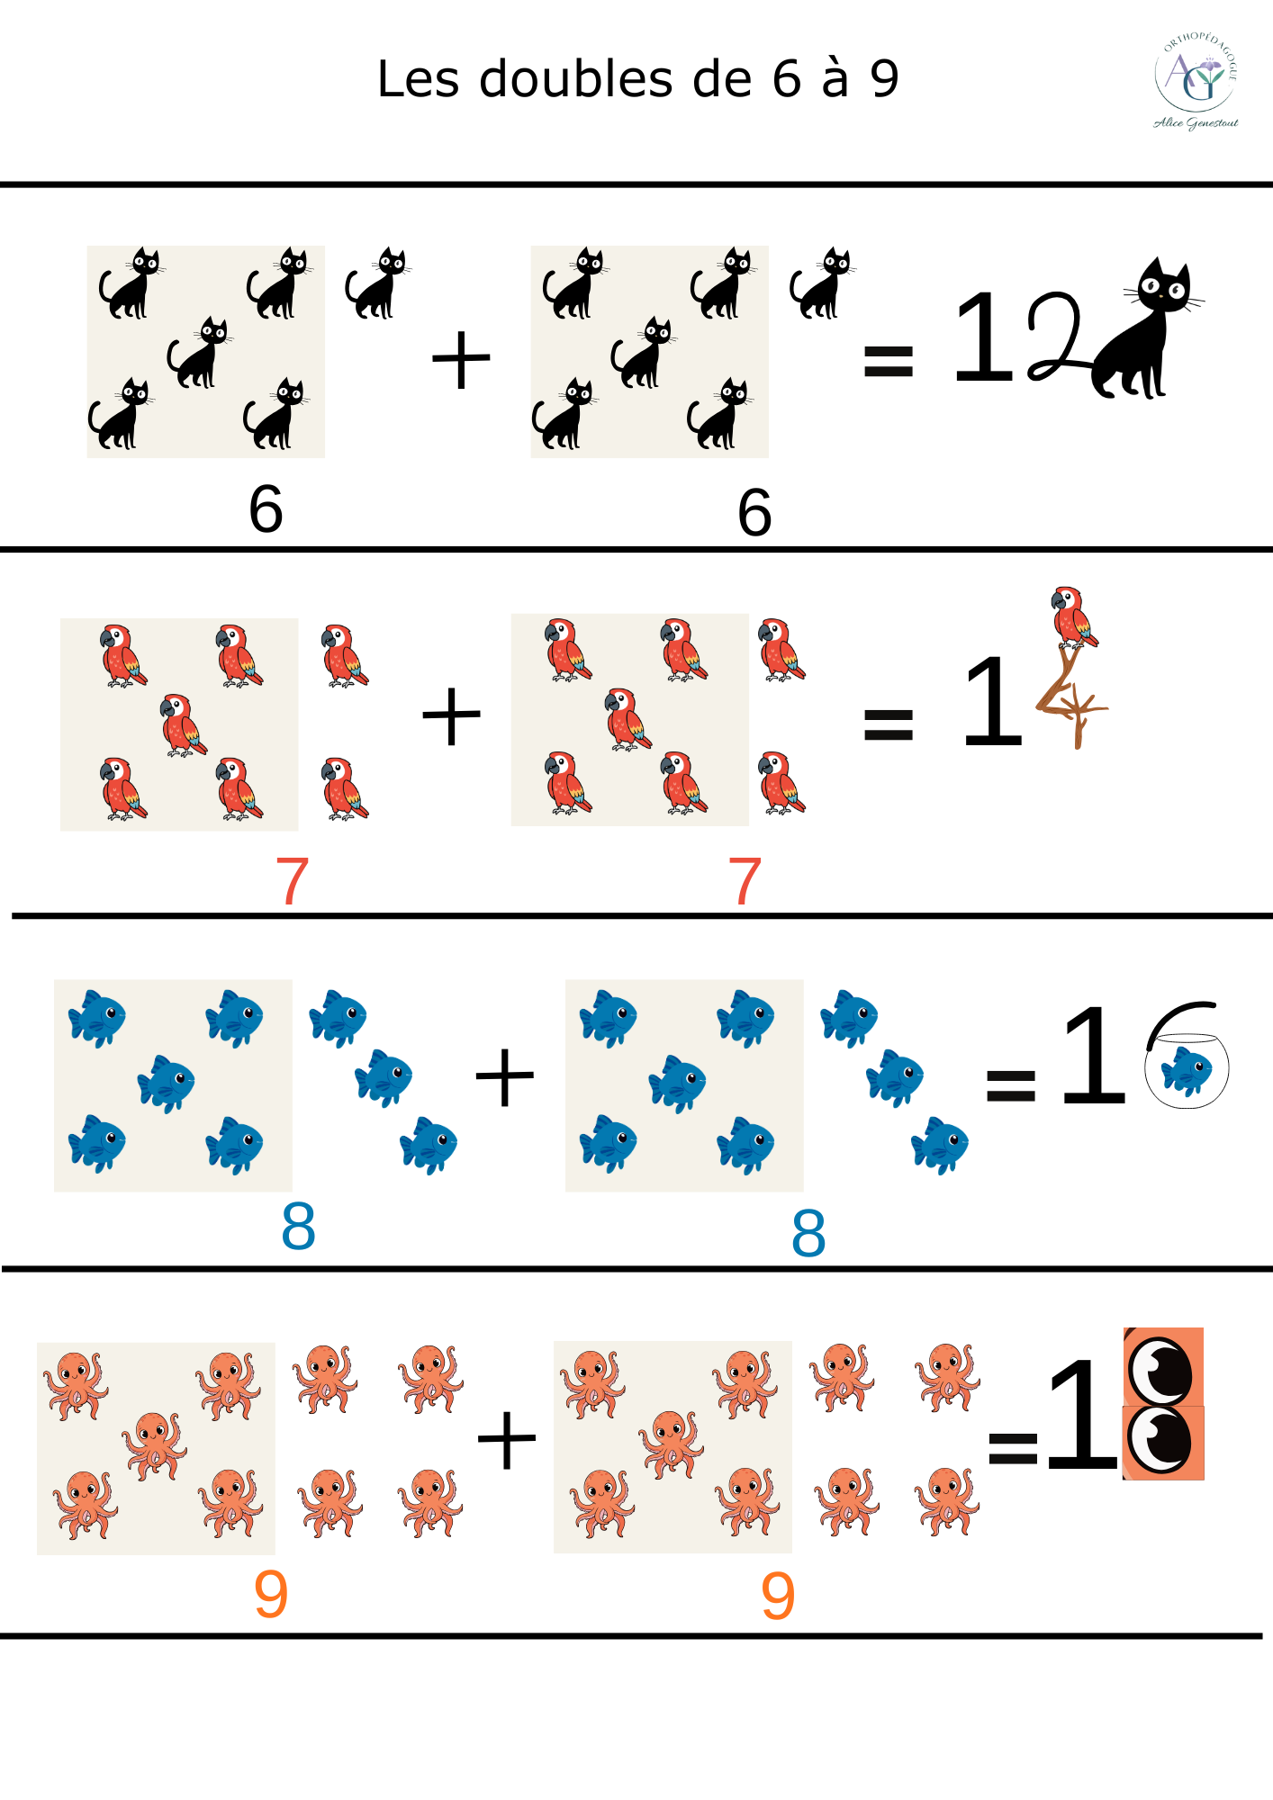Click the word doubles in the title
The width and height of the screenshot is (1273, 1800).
(x=576, y=79)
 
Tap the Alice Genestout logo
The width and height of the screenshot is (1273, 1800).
(x=1196, y=82)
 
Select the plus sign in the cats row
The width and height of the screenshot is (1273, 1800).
(x=461, y=360)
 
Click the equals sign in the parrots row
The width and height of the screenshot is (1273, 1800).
(x=888, y=724)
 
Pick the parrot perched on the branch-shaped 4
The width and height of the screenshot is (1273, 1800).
(x=1073, y=617)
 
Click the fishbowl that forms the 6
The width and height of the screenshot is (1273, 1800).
(x=1186, y=1066)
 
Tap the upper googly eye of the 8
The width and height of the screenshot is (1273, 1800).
(x=1162, y=1369)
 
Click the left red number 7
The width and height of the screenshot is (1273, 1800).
(x=292, y=882)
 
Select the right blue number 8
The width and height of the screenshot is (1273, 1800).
(x=808, y=1234)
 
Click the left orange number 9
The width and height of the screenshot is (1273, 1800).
(x=270, y=1594)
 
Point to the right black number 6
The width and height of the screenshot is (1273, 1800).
(x=754, y=513)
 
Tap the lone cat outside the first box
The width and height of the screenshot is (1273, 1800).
(x=377, y=283)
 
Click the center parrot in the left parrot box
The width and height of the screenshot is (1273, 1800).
(x=182, y=725)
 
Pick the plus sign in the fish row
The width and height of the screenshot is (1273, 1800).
(x=505, y=1077)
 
